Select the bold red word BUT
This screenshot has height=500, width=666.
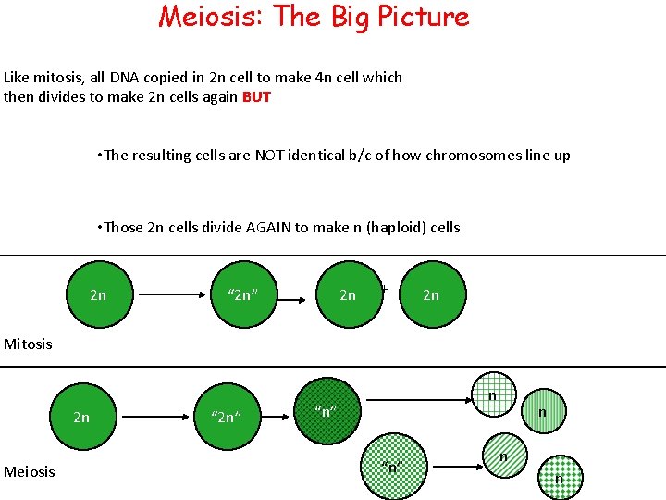[x=256, y=97]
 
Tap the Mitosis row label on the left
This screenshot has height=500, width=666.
[x=29, y=344]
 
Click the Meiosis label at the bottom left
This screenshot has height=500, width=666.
[x=30, y=472]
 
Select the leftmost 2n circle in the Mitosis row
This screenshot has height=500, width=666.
[x=98, y=294]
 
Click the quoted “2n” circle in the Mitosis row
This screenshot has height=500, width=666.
[x=241, y=294]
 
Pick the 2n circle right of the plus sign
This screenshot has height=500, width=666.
[x=431, y=294]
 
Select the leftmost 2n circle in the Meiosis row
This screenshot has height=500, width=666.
[x=81, y=417]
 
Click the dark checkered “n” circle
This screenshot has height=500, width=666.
[x=324, y=411]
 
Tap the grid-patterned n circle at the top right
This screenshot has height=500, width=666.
[x=492, y=395]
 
